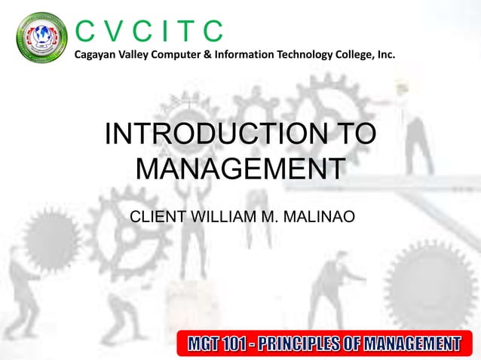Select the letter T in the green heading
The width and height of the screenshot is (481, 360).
pos(185,30)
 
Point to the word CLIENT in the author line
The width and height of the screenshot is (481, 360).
pos(155,218)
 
